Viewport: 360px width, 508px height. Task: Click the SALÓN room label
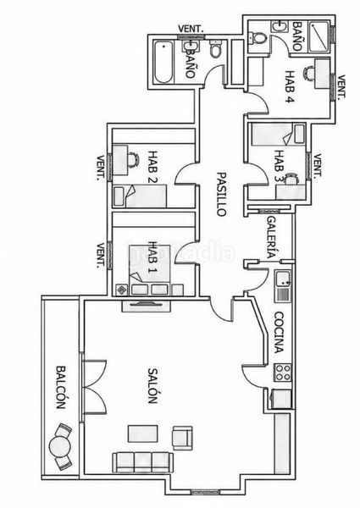pos(152,385)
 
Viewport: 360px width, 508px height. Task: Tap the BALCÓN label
pos(61,387)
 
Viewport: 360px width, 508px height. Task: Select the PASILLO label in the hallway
pos(221,194)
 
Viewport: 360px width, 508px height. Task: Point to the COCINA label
pos(279,333)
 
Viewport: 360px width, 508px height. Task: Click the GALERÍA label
pos(272,236)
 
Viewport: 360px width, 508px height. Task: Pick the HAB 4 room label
pos(290,86)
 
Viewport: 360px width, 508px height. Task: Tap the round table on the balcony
pos(59,447)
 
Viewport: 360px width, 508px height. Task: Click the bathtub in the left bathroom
pos(163,62)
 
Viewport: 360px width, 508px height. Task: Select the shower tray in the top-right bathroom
pos(320,36)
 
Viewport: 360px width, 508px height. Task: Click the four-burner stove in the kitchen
pos(283,372)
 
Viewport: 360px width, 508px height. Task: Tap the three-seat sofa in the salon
pos(142,462)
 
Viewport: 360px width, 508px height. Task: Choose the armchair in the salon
pos(182,438)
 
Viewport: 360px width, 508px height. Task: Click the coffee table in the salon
pos(143,434)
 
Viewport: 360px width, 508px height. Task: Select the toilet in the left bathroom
pos(215,48)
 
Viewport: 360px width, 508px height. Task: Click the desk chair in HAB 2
pos(133,160)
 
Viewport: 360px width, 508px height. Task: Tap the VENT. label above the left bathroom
pos(191,29)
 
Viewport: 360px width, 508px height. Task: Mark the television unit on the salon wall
pos(146,305)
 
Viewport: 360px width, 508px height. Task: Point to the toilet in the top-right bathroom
pos(258,38)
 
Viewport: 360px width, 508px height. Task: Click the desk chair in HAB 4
pos(309,73)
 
